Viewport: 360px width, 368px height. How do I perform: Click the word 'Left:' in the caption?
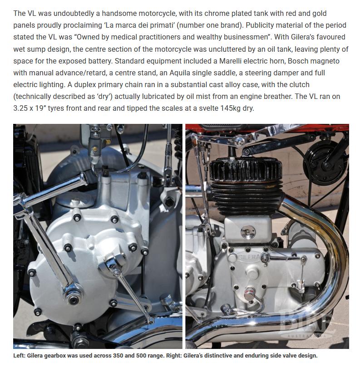[x=19, y=356]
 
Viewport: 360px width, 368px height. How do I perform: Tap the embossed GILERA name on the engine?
[x=248, y=257]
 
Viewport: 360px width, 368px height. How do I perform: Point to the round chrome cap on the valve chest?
[x=248, y=231]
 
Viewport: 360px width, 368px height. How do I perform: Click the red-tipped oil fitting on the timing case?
[x=249, y=294]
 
